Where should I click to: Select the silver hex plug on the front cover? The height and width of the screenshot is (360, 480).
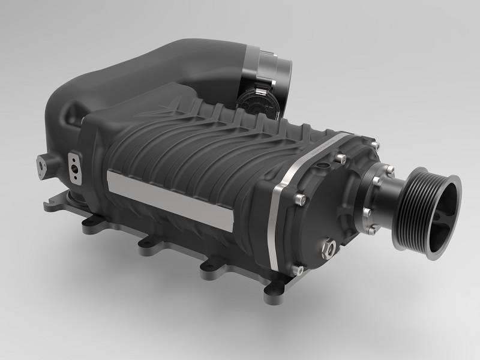pyautogui.click(x=329, y=245)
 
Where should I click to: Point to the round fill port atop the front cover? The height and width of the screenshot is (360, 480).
pyautogui.click(x=323, y=163)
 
